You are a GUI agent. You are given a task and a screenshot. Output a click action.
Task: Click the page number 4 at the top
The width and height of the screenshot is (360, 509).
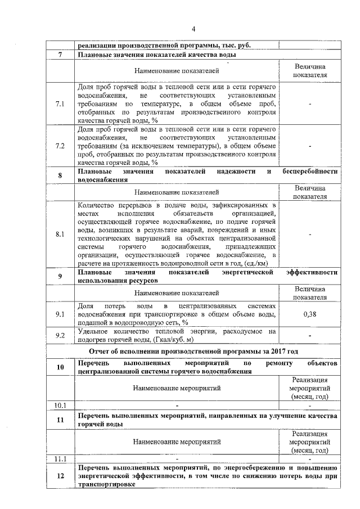pos(193,29)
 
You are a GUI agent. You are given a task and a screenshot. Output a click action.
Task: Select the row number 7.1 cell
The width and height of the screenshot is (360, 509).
pos(60,104)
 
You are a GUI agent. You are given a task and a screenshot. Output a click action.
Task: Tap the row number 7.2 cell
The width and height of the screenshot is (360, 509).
pos(60,146)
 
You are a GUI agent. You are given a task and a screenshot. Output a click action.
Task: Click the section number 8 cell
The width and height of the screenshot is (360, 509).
pos(60,175)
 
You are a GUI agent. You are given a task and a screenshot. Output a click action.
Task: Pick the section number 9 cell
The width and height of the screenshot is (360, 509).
pos(60,276)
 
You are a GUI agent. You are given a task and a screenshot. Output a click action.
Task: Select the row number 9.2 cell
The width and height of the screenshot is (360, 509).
pos(60,336)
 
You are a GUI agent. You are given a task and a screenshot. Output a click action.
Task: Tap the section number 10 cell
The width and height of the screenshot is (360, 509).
pos(60,367)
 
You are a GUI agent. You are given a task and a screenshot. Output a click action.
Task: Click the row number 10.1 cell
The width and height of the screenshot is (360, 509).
pos(60,405)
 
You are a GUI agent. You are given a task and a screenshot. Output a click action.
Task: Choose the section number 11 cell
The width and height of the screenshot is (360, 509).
pos(60,420)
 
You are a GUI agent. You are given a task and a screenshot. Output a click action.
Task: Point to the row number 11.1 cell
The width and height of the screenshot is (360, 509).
pos(60,458)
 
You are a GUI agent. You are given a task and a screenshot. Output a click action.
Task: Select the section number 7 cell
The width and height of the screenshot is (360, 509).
pos(60,55)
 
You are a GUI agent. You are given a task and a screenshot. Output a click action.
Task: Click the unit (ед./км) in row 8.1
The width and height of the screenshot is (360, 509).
pos(254,263)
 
